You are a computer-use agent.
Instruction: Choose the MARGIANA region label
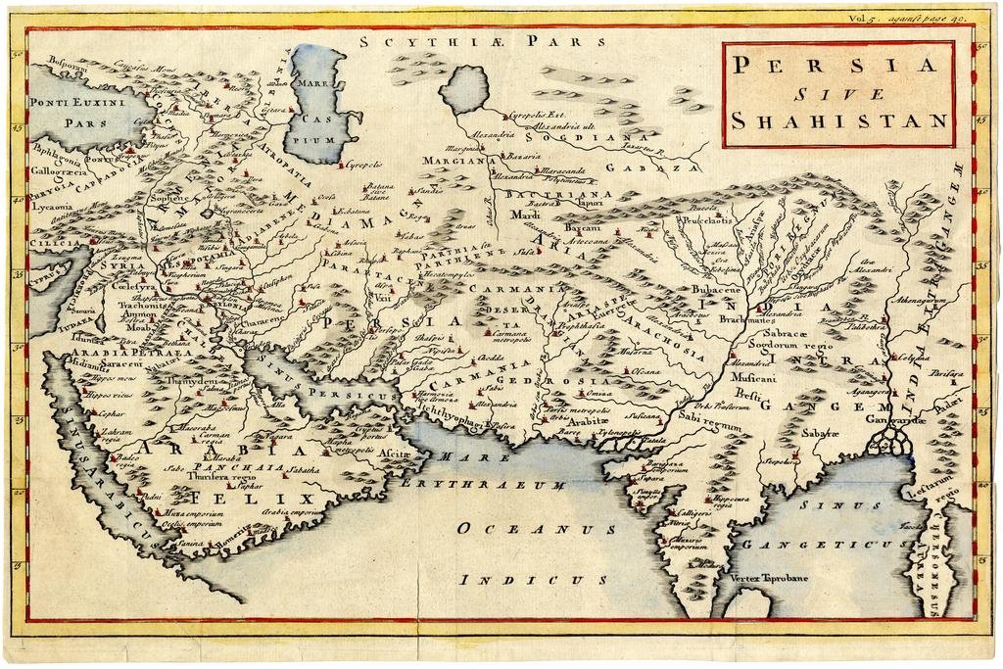[x=454, y=160]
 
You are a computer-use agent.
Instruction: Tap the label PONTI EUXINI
[x=73, y=102]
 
